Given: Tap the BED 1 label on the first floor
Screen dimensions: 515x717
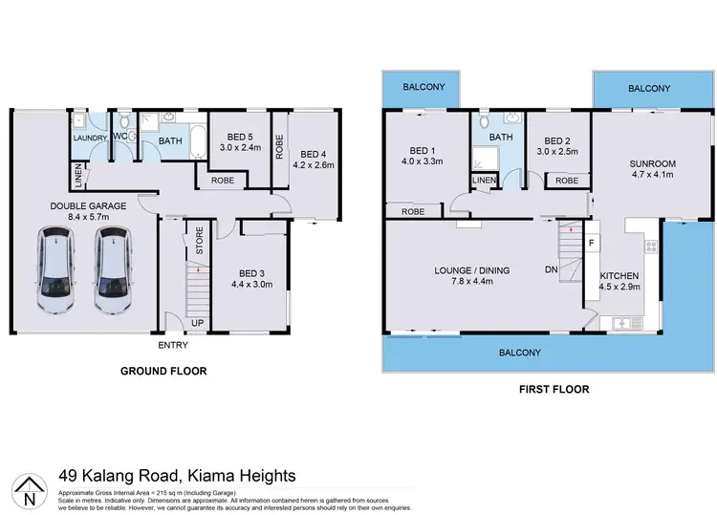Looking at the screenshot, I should pos(422,151).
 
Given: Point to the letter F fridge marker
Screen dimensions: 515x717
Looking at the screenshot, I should pos(591,243).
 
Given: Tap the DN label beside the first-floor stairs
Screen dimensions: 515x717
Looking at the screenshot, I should pos(552,270).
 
